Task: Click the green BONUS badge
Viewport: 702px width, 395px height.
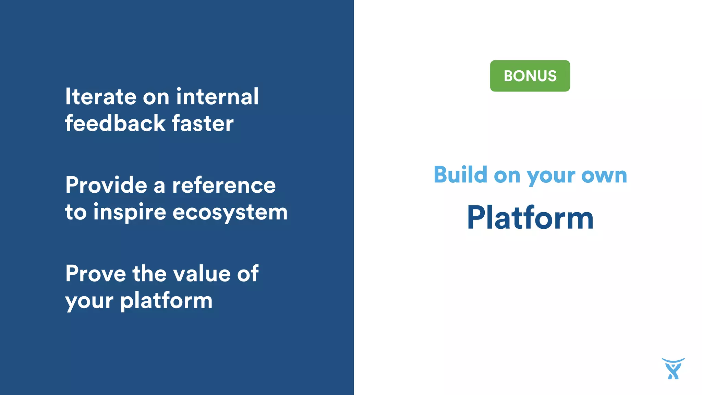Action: coord(530,76)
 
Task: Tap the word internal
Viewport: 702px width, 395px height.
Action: coord(217,97)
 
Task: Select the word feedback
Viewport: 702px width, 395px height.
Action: coord(115,123)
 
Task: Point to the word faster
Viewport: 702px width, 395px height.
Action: coord(203,124)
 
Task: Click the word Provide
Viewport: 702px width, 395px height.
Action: coord(106,185)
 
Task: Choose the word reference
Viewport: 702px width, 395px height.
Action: coord(224,185)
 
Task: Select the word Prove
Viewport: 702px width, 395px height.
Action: coord(96,274)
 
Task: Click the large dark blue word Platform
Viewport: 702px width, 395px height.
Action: coord(530,218)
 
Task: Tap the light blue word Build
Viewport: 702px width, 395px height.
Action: coord(460,175)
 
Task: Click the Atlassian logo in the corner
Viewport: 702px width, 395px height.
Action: coord(673,369)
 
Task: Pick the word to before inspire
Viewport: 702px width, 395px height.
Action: coord(76,212)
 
